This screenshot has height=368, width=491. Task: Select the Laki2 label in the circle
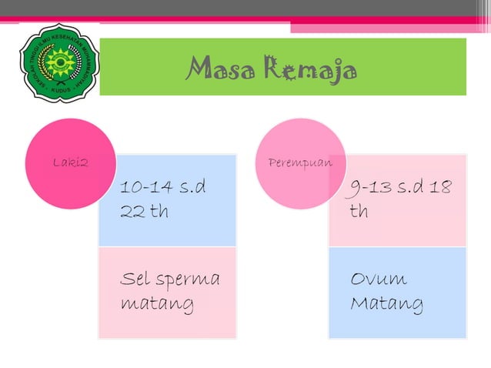pos(70,162)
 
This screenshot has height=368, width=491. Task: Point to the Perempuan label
pos(300,162)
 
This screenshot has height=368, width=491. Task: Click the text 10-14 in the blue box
pos(147,187)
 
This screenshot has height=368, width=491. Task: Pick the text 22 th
pos(143,211)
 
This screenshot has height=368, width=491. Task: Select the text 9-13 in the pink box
pos(372,187)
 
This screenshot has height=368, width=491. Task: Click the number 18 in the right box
pos(441,187)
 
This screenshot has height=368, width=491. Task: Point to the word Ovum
pos(379,279)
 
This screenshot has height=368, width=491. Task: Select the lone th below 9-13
pos(359,211)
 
